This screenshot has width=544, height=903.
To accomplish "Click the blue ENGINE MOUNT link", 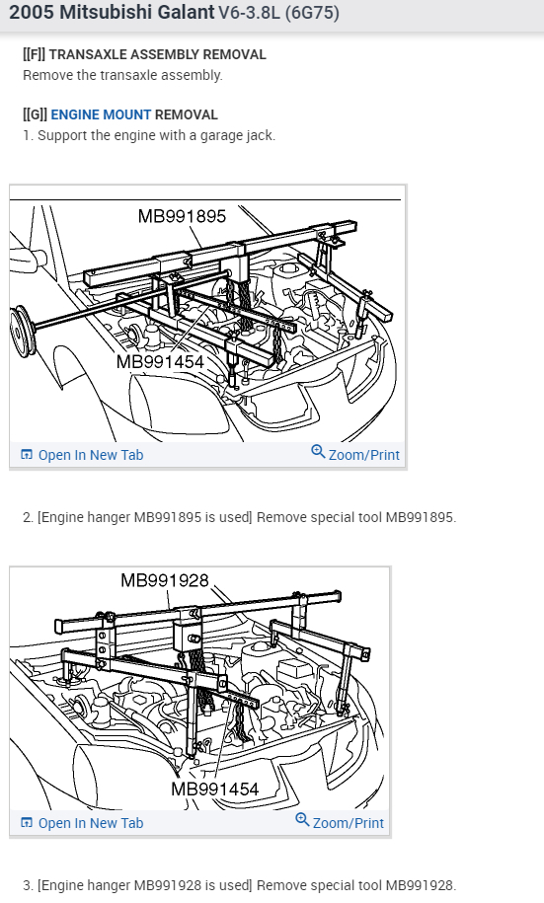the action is [101, 114].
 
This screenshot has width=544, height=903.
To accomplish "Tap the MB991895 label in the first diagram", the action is [182, 216].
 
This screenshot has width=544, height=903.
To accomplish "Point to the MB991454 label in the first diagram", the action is [160, 361].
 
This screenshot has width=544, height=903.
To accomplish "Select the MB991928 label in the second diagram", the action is [165, 580].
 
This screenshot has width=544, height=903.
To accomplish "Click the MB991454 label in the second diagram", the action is [215, 789].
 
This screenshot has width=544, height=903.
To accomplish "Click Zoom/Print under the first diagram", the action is [363, 455].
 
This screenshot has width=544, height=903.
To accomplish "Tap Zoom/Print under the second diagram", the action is [349, 823].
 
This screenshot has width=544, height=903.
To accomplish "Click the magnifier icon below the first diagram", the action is [318, 452].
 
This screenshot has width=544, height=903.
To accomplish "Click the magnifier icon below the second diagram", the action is [302, 819].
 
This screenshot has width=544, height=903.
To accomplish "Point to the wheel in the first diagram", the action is [23, 332].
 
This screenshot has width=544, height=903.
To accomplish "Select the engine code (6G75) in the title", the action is [312, 13].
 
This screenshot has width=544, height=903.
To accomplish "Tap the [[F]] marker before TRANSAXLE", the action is [34, 54].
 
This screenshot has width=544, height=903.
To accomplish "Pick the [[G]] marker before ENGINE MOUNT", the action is [36, 114].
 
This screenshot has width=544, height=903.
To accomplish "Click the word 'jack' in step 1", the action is [263, 136].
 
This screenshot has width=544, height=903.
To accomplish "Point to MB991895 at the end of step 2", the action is [421, 517].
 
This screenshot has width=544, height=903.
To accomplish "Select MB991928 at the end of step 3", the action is [421, 885].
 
